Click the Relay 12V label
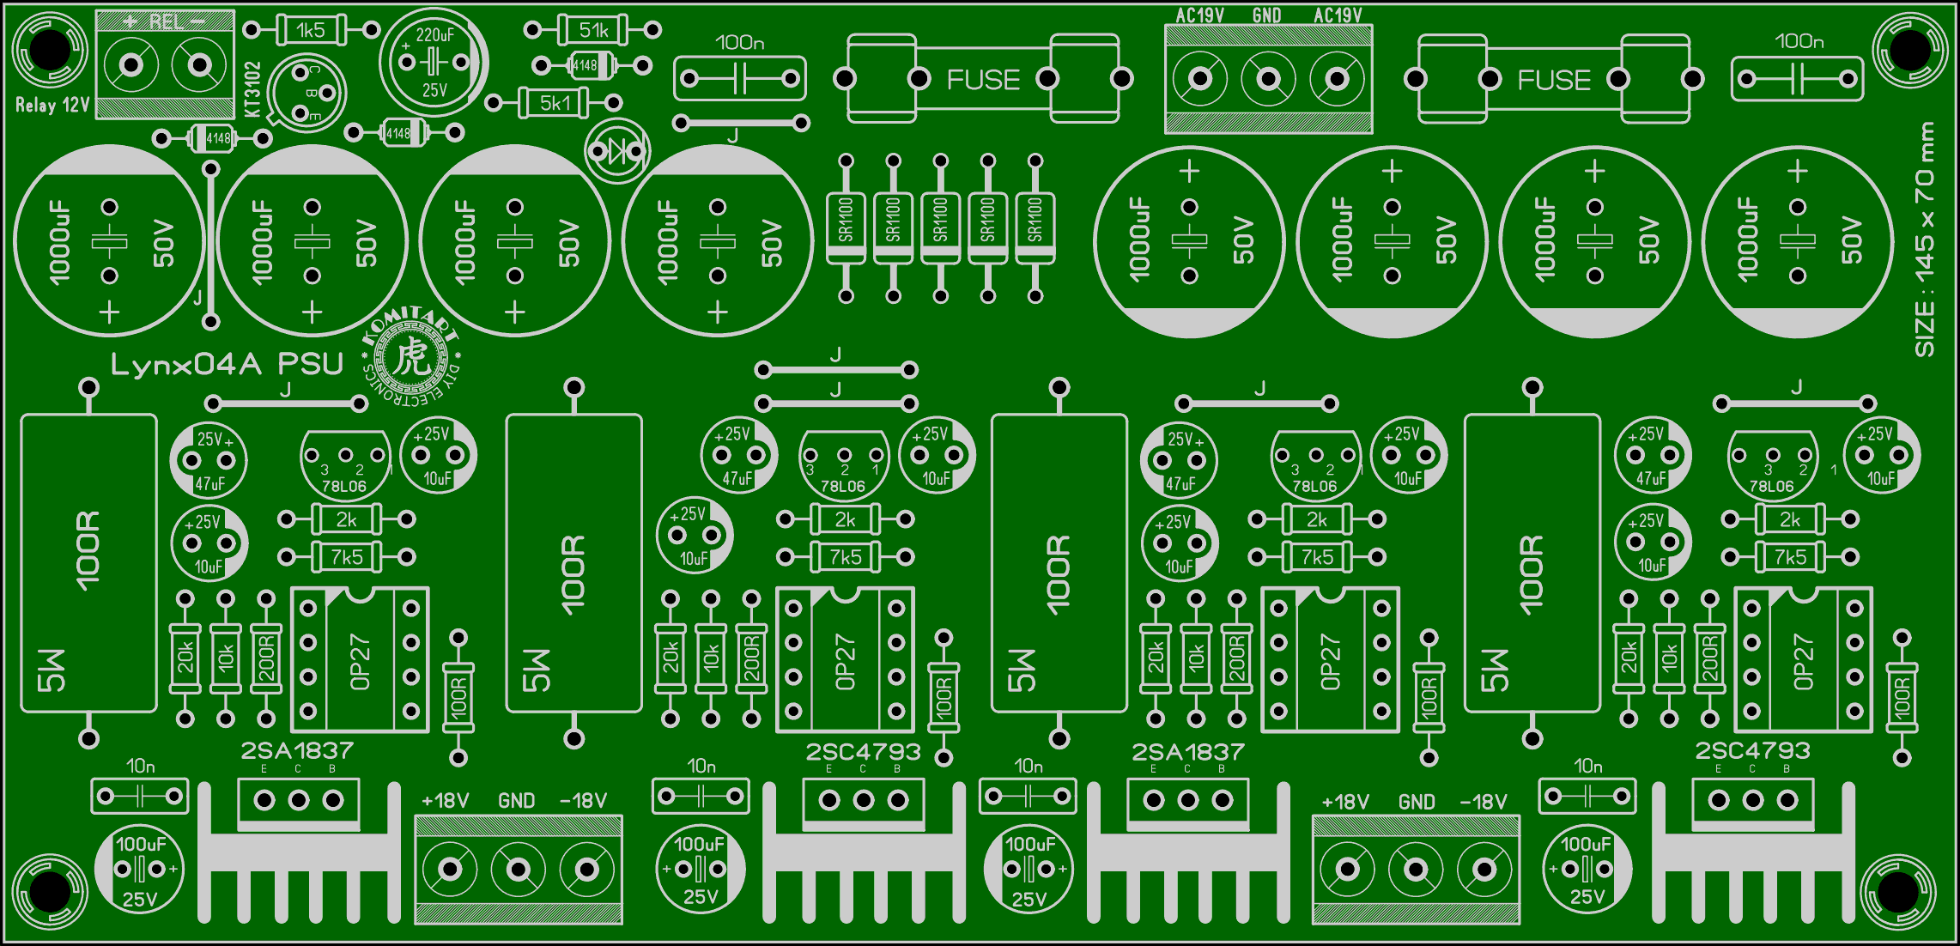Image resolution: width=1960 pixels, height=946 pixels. point(52,106)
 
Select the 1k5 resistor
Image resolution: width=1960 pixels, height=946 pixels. point(311,31)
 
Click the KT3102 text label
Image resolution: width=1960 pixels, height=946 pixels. point(252,89)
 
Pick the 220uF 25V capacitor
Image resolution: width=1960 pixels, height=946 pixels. point(434,62)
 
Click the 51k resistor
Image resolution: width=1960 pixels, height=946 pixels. point(593,31)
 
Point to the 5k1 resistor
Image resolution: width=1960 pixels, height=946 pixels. point(555,104)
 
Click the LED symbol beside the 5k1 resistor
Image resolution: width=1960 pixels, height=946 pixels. point(617,152)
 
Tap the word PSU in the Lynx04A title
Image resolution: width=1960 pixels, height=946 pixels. point(311,365)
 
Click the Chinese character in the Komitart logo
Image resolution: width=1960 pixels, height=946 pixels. point(413,356)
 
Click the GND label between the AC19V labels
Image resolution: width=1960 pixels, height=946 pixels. point(1266,15)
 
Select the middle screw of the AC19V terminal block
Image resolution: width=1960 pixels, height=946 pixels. point(1268,80)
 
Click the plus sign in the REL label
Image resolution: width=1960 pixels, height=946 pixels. point(130,21)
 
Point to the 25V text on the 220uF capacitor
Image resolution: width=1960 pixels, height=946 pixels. point(434,89)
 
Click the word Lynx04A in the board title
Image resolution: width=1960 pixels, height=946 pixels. point(185,365)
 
